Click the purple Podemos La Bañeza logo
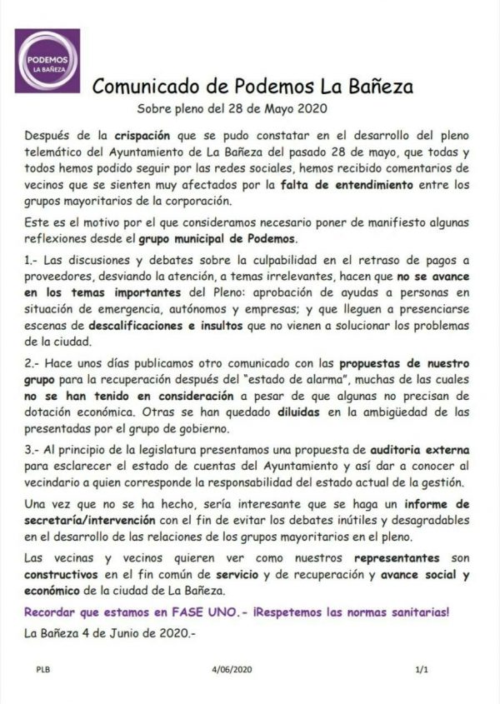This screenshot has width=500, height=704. [x=47, y=61]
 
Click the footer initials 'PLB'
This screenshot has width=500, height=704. [x=42, y=669]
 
